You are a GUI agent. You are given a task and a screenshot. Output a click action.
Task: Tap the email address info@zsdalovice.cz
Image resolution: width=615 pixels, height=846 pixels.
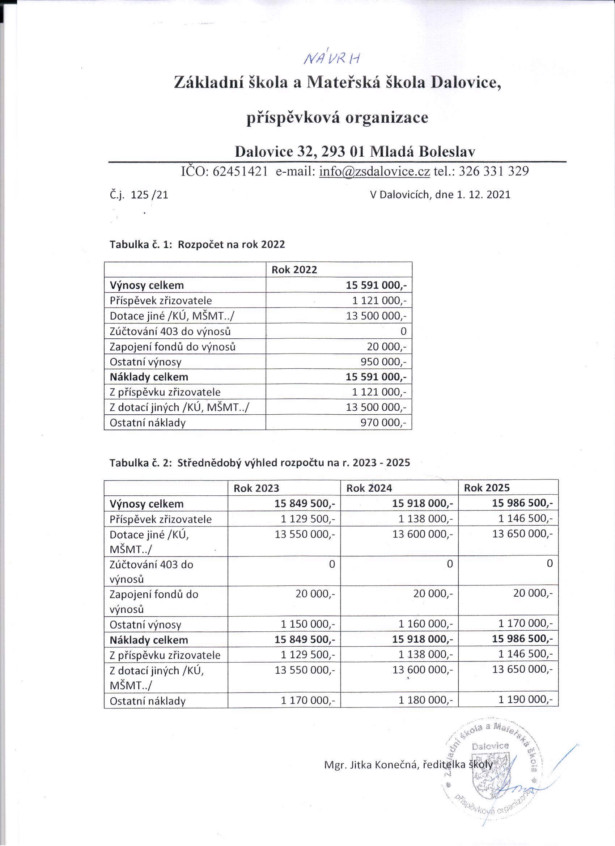(374, 171)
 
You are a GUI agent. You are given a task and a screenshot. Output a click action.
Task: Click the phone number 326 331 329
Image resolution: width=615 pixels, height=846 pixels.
(493, 171)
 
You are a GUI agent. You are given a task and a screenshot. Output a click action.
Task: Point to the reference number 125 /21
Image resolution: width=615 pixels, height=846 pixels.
(149, 195)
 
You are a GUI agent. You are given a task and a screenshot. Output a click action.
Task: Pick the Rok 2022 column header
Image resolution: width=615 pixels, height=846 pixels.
(294, 270)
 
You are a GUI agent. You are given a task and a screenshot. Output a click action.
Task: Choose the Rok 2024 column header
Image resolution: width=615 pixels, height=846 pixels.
(369, 488)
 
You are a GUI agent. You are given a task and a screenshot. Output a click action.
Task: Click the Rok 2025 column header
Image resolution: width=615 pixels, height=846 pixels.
(486, 487)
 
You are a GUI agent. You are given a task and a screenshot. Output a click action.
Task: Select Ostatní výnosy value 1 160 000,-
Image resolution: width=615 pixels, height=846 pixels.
(425, 624)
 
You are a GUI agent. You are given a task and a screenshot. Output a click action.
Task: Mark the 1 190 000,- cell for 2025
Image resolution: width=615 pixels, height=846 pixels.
(526, 699)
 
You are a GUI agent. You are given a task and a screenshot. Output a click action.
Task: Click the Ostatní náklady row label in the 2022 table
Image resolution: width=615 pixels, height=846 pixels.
(147, 423)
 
